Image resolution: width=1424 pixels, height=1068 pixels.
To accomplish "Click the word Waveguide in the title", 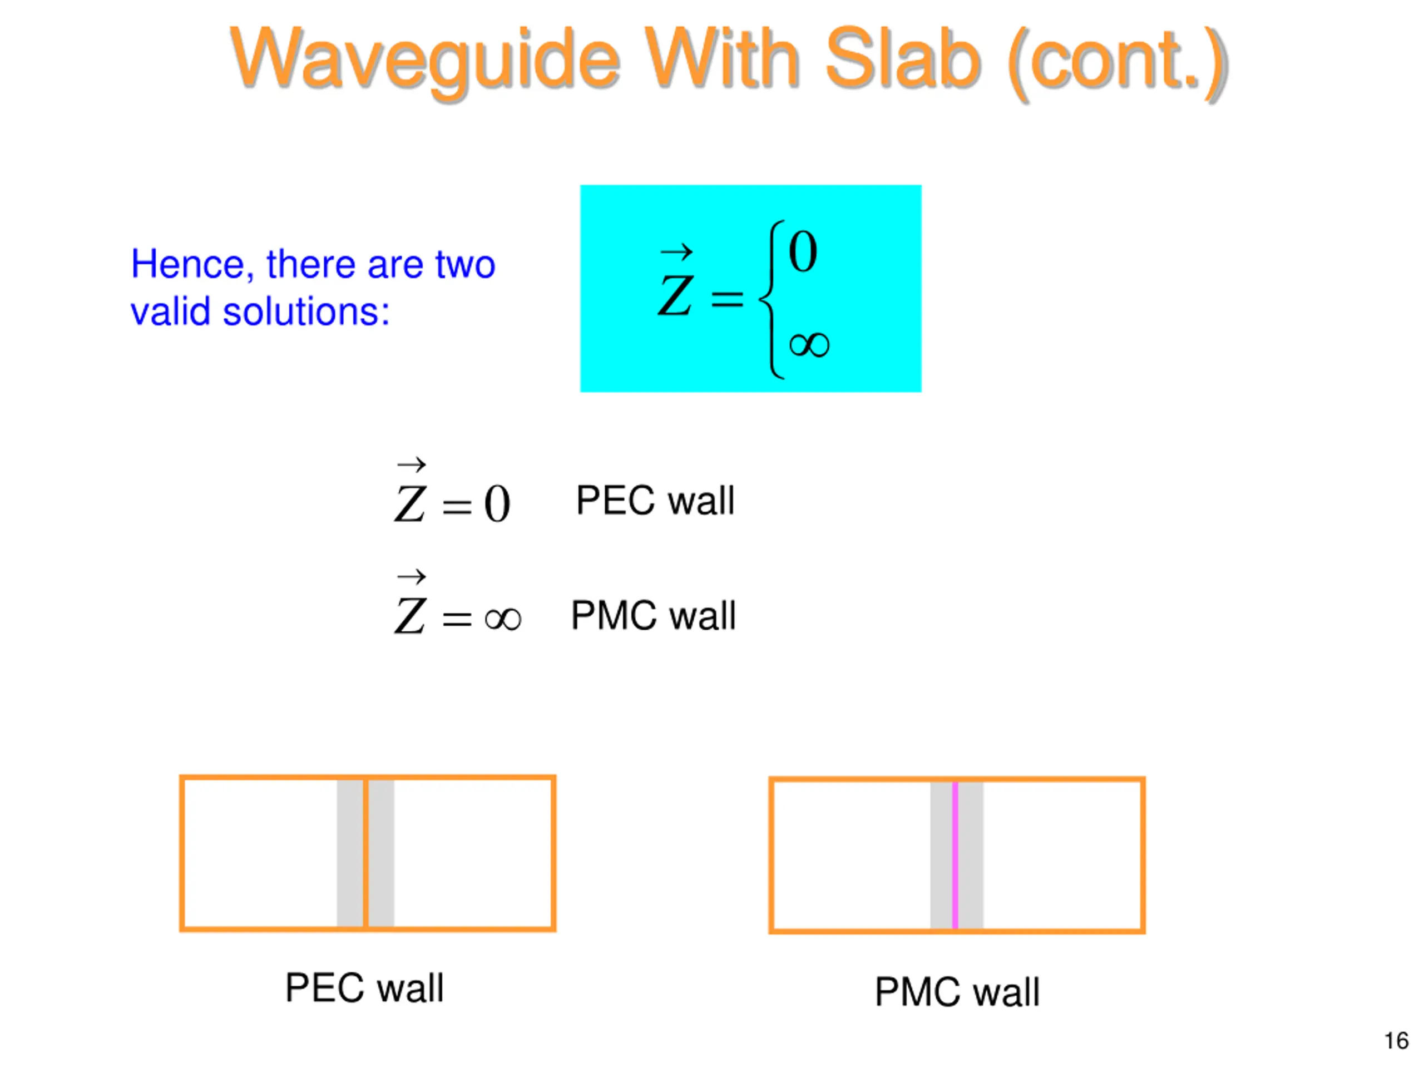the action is pos(425,59).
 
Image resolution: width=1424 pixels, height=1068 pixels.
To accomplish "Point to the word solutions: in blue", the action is pos(306,312).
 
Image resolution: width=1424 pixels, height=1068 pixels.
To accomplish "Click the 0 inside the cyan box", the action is pos(803,252).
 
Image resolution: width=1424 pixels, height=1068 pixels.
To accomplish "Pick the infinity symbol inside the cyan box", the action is pos(809,345).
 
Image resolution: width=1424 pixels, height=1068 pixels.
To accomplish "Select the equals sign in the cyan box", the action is pos(727,298).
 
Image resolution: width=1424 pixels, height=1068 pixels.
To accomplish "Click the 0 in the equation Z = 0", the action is pos(497,504).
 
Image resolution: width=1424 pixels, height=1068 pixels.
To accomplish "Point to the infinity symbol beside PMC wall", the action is pos(503,619).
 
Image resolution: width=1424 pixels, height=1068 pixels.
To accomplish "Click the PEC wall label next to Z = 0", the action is pos(655,501).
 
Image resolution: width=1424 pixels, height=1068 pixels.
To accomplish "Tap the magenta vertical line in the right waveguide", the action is pos(955,855).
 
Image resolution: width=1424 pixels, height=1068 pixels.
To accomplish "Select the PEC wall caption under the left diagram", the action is pos(364,988).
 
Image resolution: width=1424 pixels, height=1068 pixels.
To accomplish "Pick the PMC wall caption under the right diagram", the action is pos(957,992).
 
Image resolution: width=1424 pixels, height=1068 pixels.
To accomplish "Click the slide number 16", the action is pos(1396,1041).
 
